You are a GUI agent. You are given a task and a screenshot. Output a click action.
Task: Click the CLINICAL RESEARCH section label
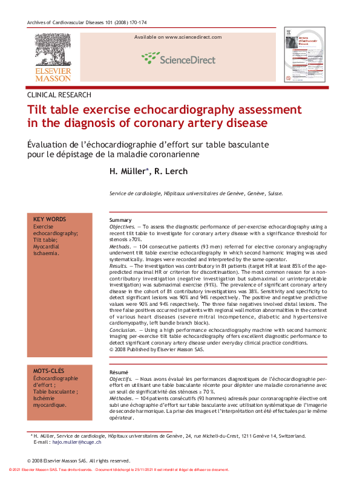pyautogui.click(x=59, y=95)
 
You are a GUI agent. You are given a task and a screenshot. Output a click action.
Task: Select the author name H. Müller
pyautogui.click(x=129, y=172)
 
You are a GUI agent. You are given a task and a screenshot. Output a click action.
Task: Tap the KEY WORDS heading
pyautogui.click(x=50, y=219)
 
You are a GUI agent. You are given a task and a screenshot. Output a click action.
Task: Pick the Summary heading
pyautogui.click(x=120, y=220)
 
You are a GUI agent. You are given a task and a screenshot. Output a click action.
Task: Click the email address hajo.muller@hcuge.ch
pyautogui.click(x=77, y=442)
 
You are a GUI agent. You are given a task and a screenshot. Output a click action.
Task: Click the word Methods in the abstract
pyautogui.click(x=120, y=247)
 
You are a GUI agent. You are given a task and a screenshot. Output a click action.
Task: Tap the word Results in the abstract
pyautogui.click(x=119, y=266)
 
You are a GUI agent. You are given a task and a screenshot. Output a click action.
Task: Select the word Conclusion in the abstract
pyautogui.click(x=122, y=331)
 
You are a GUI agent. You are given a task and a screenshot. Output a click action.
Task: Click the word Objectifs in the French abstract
pyautogui.click(x=121, y=378)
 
